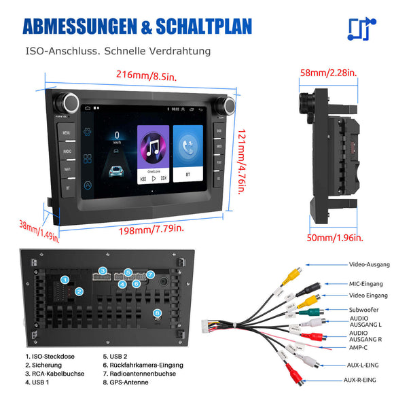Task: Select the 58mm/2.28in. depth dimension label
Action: (331, 72)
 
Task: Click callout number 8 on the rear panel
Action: (158, 313)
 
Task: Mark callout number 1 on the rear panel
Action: (65, 279)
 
